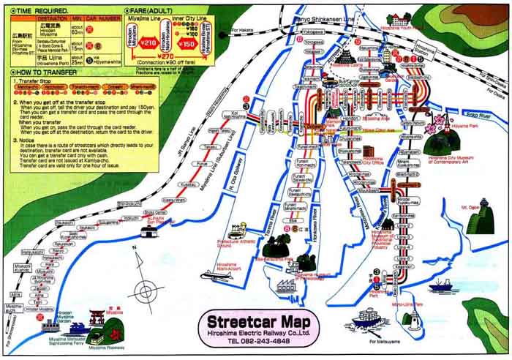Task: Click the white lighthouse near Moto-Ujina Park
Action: point(414,318)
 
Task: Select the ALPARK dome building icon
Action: point(150,230)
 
